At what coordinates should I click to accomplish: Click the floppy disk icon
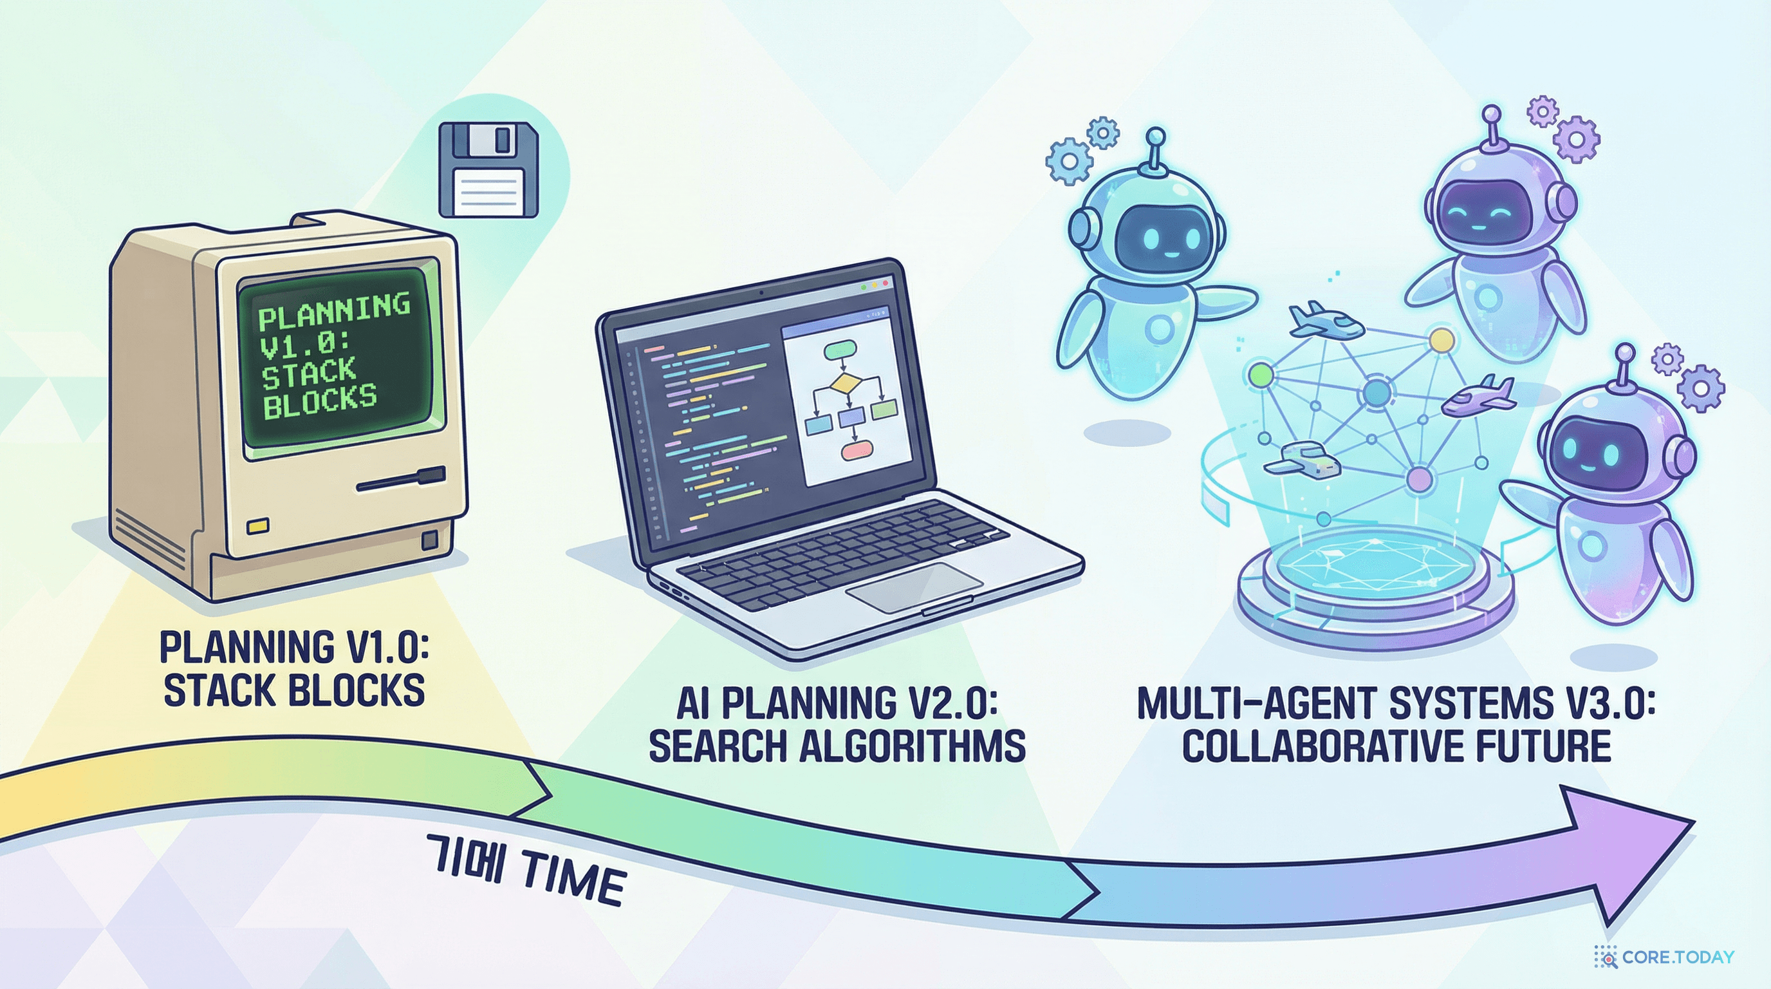(488, 170)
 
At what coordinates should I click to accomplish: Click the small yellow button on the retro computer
(258, 527)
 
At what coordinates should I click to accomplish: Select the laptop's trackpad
(914, 587)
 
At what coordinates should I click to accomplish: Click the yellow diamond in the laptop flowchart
(846, 383)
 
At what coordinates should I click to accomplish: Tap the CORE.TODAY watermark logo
(1664, 957)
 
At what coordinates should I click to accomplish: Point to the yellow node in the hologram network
(1442, 340)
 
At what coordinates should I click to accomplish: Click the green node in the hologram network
(1261, 375)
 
